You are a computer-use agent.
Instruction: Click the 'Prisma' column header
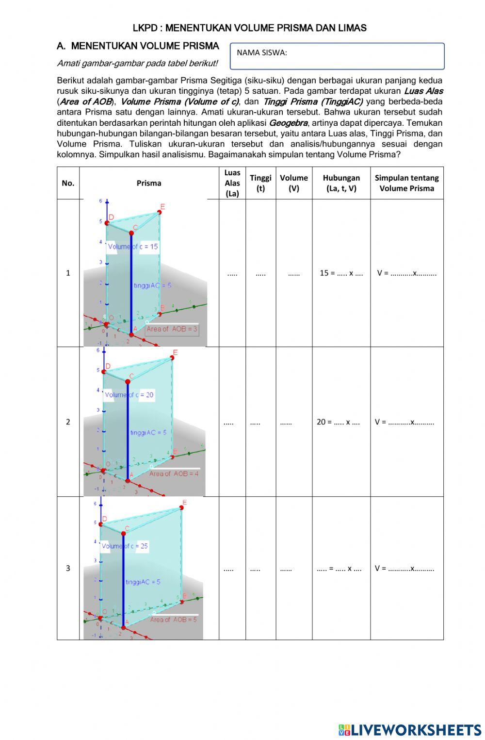click(148, 183)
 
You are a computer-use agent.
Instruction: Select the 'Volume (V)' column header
click(293, 183)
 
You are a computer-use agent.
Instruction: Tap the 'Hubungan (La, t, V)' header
click(341, 183)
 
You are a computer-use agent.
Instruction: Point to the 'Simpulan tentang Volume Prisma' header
click(406, 183)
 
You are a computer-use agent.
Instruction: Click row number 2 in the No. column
click(68, 421)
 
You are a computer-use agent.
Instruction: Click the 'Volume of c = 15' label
click(133, 247)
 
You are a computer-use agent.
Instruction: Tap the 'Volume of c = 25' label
click(125, 546)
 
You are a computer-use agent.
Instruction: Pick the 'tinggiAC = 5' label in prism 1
click(152, 286)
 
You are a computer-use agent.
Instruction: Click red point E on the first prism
click(159, 212)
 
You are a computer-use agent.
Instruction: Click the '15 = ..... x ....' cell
click(341, 273)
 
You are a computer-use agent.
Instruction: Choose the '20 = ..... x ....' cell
click(338, 421)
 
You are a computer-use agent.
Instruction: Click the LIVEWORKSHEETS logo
click(410, 730)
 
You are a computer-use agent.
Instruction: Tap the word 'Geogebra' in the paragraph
click(288, 123)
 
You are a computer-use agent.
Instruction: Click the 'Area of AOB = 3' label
click(172, 329)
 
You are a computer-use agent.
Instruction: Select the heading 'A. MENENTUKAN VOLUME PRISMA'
click(138, 47)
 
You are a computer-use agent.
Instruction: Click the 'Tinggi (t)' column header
click(260, 183)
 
